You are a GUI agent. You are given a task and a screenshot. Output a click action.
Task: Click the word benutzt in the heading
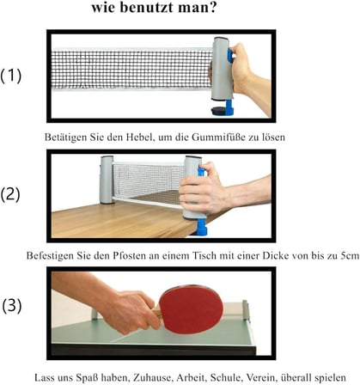pyautogui.click(x=145, y=7)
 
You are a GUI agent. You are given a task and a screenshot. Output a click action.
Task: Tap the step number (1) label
pyautogui.click(x=11, y=76)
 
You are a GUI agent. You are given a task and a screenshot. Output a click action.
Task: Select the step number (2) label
pyautogui.click(x=10, y=195)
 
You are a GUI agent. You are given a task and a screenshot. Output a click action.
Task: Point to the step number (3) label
pyautogui.click(x=12, y=306)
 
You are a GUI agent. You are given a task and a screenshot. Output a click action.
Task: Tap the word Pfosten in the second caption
pyautogui.click(x=129, y=255)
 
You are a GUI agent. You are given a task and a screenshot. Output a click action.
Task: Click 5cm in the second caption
pyautogui.click(x=350, y=255)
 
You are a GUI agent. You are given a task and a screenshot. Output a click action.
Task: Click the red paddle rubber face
pyautogui.click(x=191, y=309)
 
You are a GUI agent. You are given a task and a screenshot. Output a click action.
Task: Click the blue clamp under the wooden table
pyautogui.click(x=201, y=227)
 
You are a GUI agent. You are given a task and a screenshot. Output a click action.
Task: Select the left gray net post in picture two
pyautogui.click(x=107, y=180)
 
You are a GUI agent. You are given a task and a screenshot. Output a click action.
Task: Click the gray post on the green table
pyautogui.click(x=246, y=310)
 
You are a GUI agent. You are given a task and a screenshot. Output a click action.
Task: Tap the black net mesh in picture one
pyautogui.click(x=131, y=70)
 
